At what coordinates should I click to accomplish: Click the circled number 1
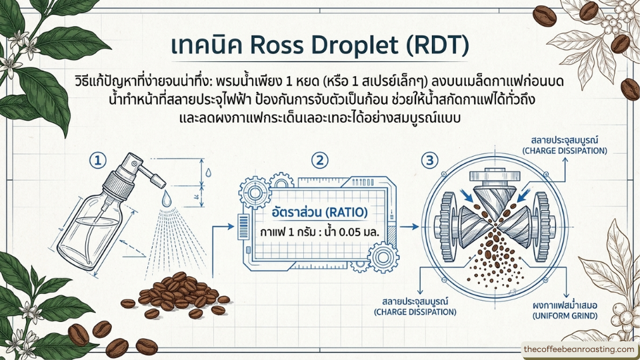98,161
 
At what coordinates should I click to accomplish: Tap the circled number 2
319,160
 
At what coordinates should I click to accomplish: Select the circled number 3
430,160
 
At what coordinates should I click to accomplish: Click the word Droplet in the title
359,46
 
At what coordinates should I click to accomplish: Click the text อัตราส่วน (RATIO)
319,212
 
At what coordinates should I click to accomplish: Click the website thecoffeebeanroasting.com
579,349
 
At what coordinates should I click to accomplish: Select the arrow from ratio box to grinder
409,227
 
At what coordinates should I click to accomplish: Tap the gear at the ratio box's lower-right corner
383,257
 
